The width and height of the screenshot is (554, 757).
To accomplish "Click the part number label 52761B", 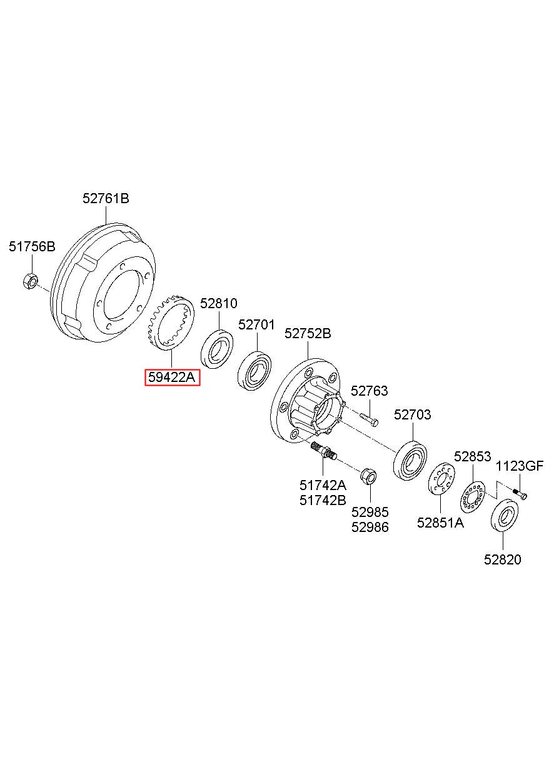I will pyautogui.click(x=106, y=199).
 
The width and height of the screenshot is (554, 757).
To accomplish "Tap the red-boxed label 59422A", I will pyautogui.click(x=172, y=377).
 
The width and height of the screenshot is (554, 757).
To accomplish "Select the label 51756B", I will pyautogui.click(x=31, y=246).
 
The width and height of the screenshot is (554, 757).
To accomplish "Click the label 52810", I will pyautogui.click(x=218, y=303).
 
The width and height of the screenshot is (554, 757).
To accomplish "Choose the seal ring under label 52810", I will pyautogui.click(x=217, y=348).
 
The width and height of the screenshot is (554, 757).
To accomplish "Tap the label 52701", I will pyautogui.click(x=256, y=325).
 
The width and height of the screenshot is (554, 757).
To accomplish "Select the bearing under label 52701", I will pyautogui.click(x=256, y=372).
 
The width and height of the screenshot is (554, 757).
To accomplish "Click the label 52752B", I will pyautogui.click(x=308, y=333).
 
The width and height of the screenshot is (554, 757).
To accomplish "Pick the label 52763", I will pyautogui.click(x=369, y=391).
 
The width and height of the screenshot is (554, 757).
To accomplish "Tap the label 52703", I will pyautogui.click(x=412, y=415).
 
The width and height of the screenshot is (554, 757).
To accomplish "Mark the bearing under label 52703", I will pyautogui.click(x=410, y=461).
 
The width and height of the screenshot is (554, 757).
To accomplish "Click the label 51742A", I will pyautogui.click(x=322, y=485).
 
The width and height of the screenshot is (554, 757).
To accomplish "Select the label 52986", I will pyautogui.click(x=370, y=527).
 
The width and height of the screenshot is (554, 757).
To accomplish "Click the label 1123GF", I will pyautogui.click(x=520, y=466).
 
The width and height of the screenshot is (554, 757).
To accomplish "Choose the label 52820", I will pyautogui.click(x=502, y=559).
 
